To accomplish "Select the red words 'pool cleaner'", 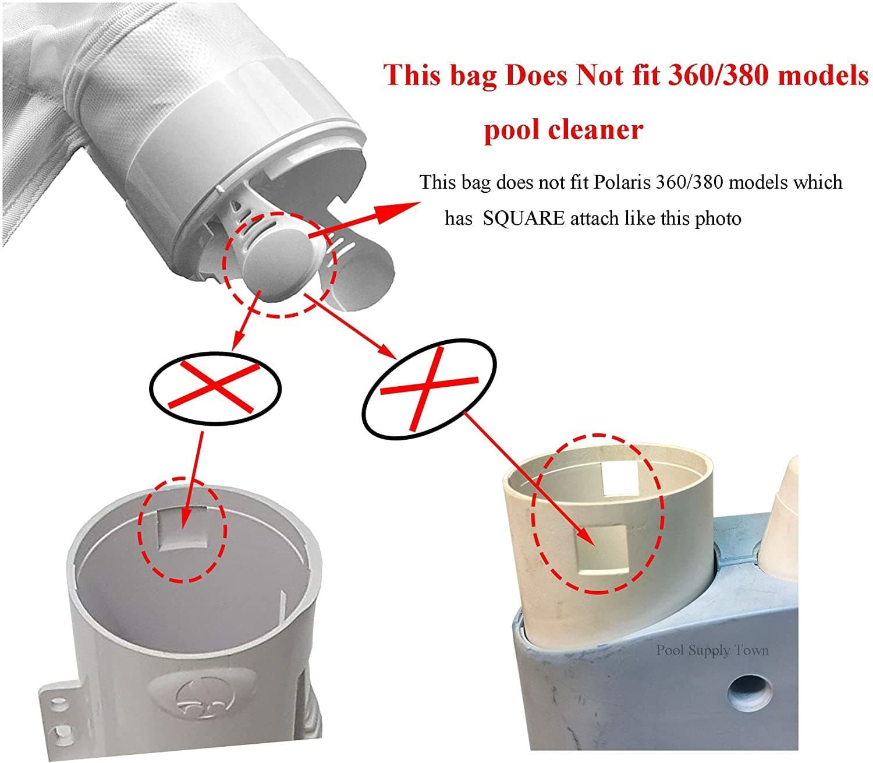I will click(x=563, y=129).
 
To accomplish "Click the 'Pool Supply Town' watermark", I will click(x=712, y=650).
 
